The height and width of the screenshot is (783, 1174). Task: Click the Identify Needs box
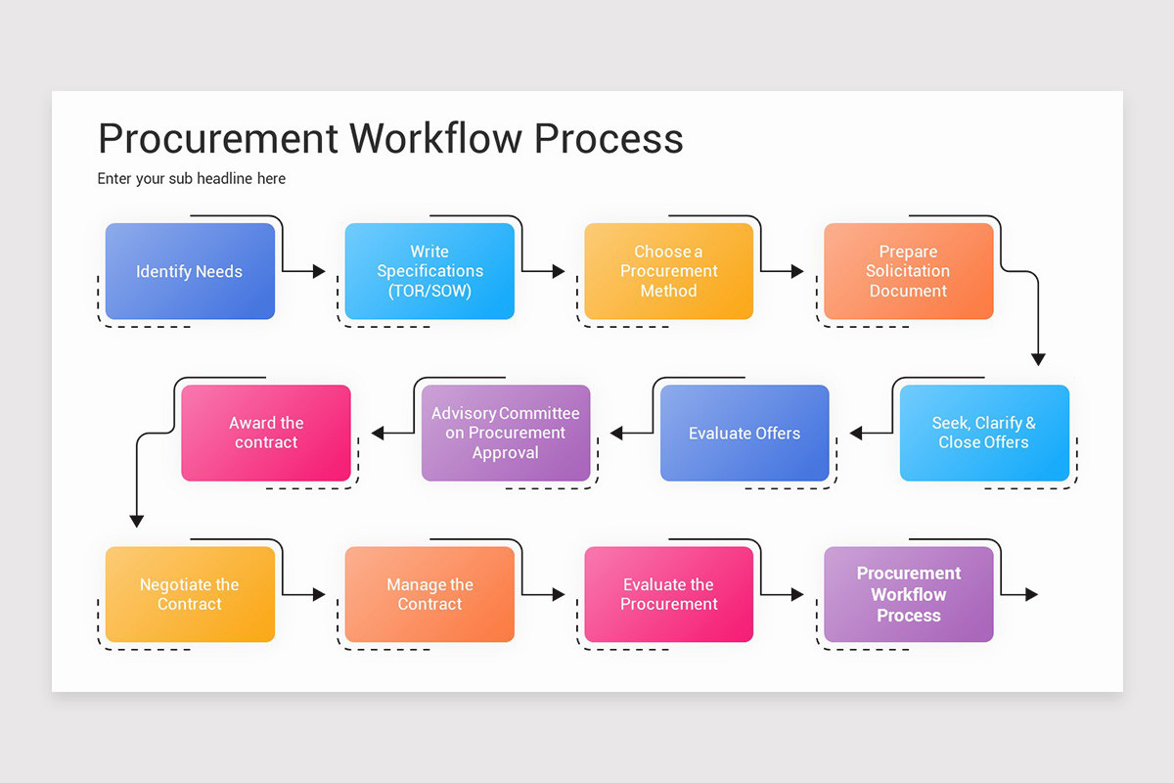[x=190, y=271]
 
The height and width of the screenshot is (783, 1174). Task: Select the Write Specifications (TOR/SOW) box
[x=429, y=271]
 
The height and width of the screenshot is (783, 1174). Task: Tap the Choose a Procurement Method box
[x=669, y=271]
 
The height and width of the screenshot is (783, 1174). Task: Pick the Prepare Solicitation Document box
[x=908, y=271]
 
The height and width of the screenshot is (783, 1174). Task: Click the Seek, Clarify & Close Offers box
[x=984, y=433]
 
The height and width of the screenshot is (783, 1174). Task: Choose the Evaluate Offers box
[x=745, y=433]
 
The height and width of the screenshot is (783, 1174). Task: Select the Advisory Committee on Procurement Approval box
[x=506, y=433]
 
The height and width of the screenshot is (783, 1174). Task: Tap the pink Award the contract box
[x=266, y=433]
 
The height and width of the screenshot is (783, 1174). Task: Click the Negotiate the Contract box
[x=190, y=594]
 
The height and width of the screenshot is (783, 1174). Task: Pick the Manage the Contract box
[x=429, y=594]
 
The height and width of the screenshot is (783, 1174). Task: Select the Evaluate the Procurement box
[x=669, y=594]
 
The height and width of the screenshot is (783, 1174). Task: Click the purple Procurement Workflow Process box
[x=908, y=594]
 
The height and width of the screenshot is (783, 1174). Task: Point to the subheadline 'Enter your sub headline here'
[x=192, y=178]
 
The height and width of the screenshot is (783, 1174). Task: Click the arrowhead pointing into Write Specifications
[x=319, y=271]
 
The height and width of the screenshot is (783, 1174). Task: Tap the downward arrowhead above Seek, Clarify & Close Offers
[x=1038, y=359]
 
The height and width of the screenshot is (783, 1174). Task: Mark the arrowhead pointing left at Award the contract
[x=378, y=433]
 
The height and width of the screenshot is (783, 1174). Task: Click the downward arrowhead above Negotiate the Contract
[x=137, y=521]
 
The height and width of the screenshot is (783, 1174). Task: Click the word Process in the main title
[x=609, y=138]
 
